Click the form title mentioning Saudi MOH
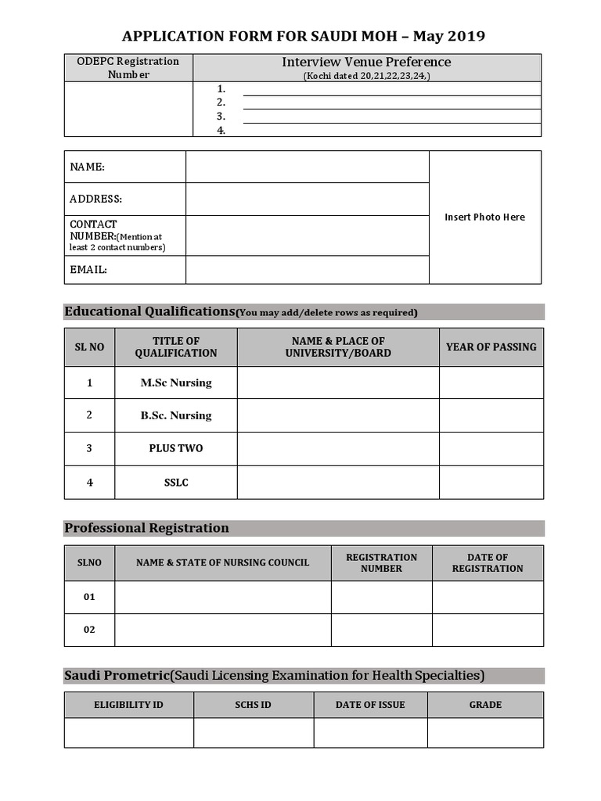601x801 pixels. (x=304, y=36)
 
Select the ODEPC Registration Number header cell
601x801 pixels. (x=128, y=68)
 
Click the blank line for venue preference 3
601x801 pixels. (x=391, y=117)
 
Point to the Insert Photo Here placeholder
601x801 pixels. (x=484, y=217)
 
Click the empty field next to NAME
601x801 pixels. (x=307, y=167)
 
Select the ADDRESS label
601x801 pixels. (x=96, y=199)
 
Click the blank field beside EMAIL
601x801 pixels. (x=307, y=269)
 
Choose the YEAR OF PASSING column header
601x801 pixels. (x=491, y=347)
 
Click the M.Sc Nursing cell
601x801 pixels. (x=176, y=383)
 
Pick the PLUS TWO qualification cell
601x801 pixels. (x=176, y=449)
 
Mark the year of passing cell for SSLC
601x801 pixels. (x=491, y=483)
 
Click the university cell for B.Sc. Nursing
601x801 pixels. (x=338, y=415)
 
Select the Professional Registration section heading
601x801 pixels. (x=147, y=528)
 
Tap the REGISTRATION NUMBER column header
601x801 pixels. (x=381, y=563)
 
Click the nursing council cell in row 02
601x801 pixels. (x=222, y=630)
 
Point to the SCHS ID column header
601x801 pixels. (x=254, y=705)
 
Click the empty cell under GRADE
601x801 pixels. (x=485, y=733)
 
